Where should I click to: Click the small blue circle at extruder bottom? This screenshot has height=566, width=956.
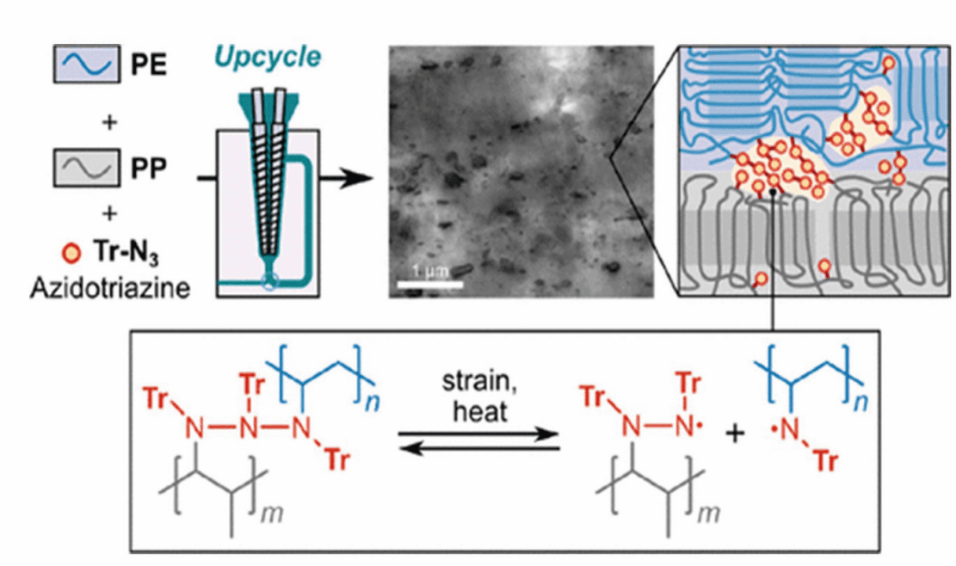270,280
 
